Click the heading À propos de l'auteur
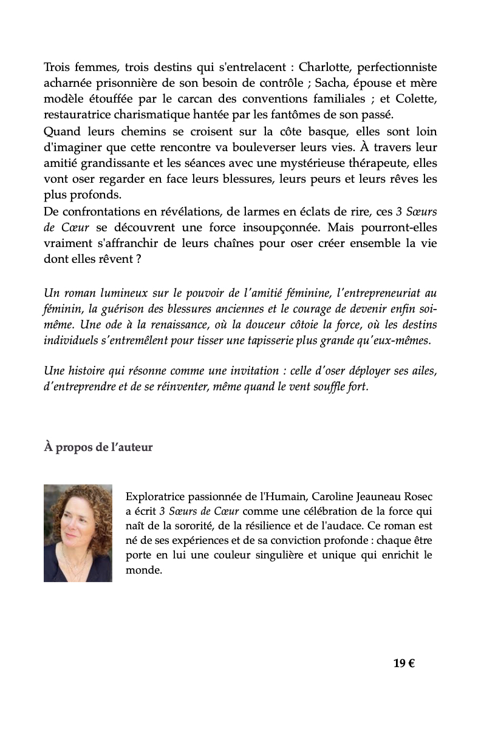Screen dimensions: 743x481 (x=98, y=447)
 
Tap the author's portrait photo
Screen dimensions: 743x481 (x=78, y=533)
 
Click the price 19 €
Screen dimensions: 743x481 (x=404, y=663)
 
